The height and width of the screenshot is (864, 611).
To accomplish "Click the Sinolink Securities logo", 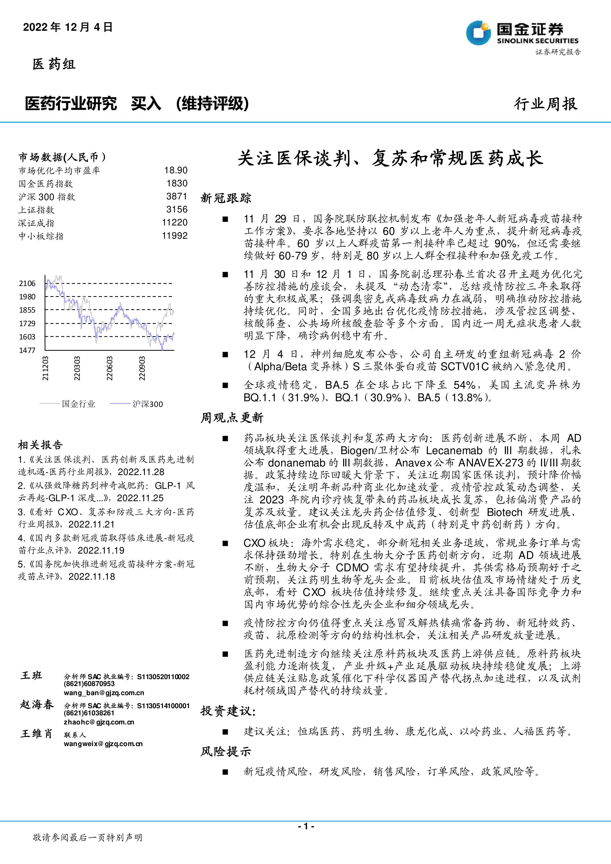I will (x=522, y=33).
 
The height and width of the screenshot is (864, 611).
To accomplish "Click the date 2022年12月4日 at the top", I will (x=68, y=27).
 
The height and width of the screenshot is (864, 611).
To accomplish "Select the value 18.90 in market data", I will (x=176, y=171).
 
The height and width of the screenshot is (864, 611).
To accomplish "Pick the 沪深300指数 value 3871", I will (x=177, y=196).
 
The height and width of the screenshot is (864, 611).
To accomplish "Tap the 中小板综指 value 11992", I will (x=175, y=236).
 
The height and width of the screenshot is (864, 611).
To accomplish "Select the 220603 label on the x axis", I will (x=110, y=368).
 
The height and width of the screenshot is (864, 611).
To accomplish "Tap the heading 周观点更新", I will (x=232, y=418).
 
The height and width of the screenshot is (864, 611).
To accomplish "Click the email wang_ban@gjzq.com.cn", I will (x=104, y=693).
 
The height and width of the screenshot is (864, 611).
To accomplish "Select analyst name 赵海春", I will (x=37, y=704).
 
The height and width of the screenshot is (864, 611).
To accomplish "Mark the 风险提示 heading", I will (x=226, y=752).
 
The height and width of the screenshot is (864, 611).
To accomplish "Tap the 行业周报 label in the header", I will (x=546, y=104).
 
